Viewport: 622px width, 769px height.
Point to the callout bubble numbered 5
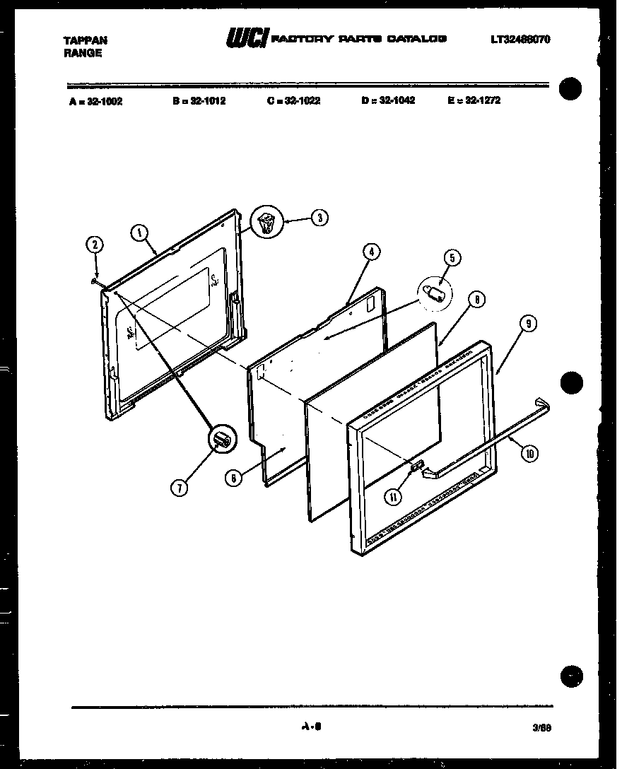tap(452, 257)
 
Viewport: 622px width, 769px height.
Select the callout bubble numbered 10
tap(528, 454)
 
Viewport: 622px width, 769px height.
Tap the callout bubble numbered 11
tap(393, 497)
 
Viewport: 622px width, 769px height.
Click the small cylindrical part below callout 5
tap(434, 293)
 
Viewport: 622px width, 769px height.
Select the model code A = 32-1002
tap(96, 101)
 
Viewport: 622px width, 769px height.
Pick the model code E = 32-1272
tap(474, 100)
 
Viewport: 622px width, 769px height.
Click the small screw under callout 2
tap(94, 281)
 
